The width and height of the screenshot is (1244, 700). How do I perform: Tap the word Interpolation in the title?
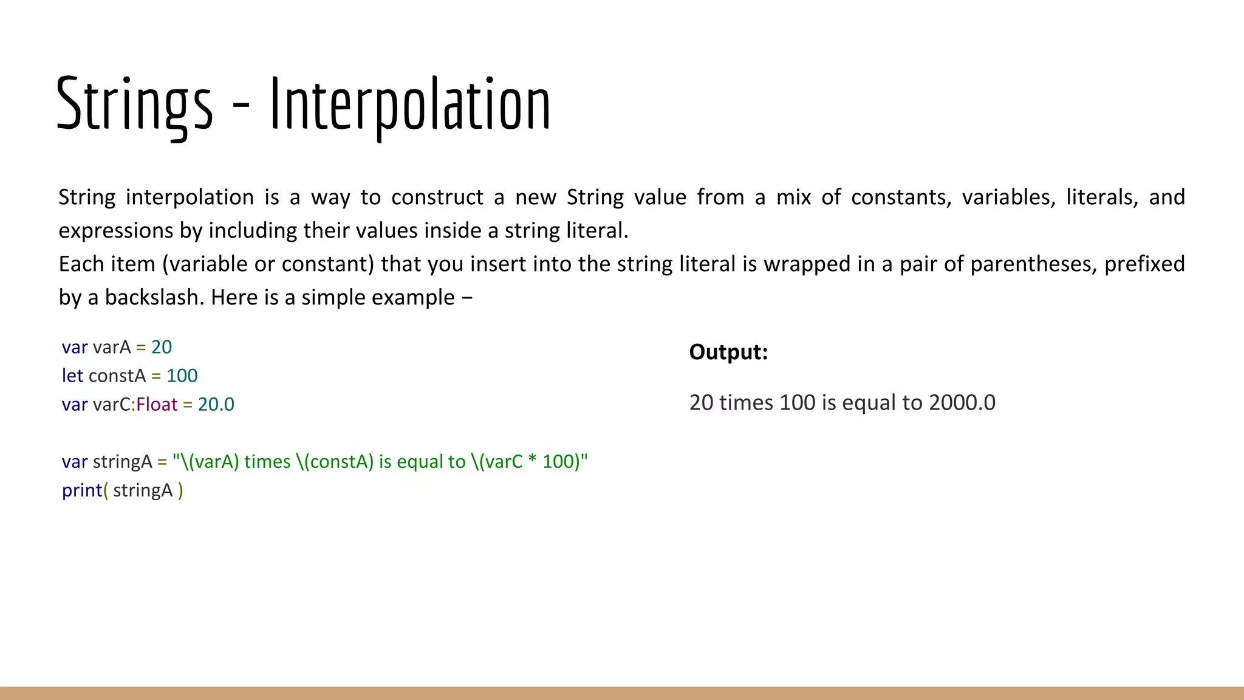tap(410, 105)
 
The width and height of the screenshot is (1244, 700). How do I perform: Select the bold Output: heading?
tap(728, 352)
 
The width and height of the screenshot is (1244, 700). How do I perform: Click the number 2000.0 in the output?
tap(962, 403)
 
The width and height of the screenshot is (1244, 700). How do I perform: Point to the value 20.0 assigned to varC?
tap(216, 405)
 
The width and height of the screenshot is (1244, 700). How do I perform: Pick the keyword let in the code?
tap(72, 376)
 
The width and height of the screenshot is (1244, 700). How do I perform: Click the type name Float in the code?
tap(157, 405)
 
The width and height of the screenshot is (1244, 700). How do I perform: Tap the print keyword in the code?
tap(81, 490)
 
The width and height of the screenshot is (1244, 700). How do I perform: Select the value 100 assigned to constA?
tap(182, 376)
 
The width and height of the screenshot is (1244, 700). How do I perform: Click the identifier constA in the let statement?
tap(117, 376)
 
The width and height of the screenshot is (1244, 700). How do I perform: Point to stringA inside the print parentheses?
tap(143, 490)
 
